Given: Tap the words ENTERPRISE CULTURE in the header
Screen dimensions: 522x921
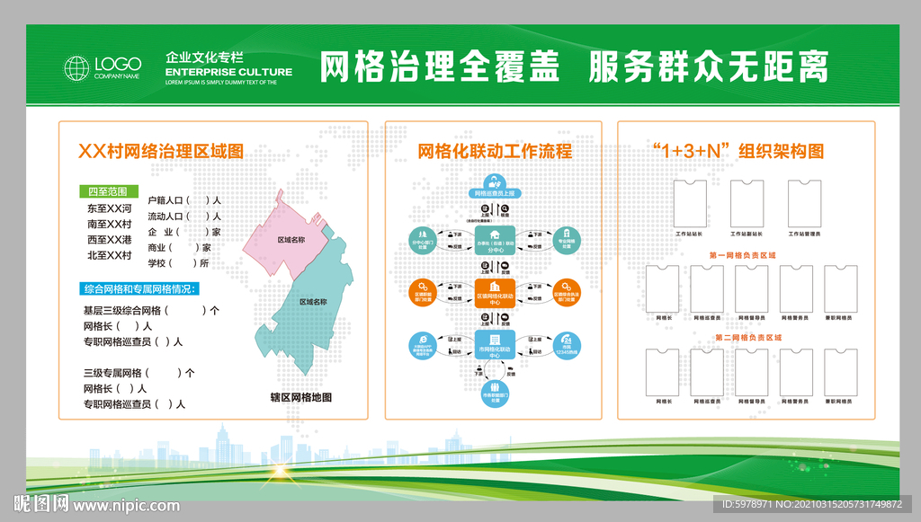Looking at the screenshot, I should pyautogui.click(x=229, y=72).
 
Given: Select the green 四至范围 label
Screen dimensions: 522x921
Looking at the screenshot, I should pyautogui.click(x=107, y=190).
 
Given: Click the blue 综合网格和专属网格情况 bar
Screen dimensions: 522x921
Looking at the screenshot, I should pyautogui.click(x=139, y=289).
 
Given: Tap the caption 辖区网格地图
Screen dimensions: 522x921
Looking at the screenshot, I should pyautogui.click(x=301, y=397).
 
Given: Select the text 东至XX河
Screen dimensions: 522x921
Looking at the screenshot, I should pyautogui.click(x=110, y=208).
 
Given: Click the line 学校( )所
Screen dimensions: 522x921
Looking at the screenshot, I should pyautogui.click(x=178, y=263).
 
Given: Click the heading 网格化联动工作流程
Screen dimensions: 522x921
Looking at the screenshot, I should pyautogui.click(x=495, y=151).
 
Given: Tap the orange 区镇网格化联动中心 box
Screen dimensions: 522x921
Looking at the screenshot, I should pyautogui.click(x=495, y=294).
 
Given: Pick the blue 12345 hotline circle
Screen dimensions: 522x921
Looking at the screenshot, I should pyautogui.click(x=567, y=344).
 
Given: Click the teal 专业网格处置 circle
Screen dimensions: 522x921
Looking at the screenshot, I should pyautogui.click(x=567, y=238).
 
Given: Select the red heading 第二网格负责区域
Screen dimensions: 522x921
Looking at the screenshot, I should pyautogui.click(x=748, y=338).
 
